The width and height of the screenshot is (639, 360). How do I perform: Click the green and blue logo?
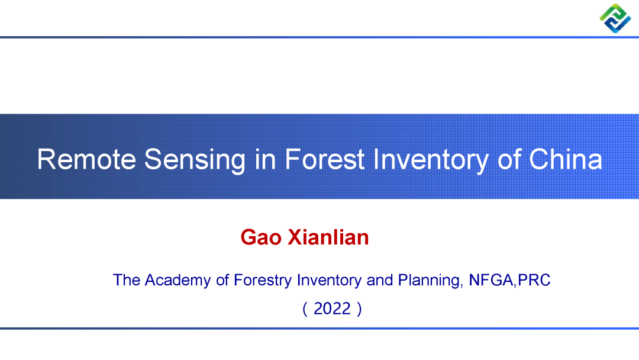[615, 18]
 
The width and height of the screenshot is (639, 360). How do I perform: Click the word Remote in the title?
[86, 159]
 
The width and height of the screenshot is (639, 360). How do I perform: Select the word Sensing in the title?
[195, 160]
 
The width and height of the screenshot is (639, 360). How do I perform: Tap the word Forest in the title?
[324, 159]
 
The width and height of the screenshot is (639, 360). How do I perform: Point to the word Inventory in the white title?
[431, 160]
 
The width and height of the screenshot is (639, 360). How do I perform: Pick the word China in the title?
[565, 159]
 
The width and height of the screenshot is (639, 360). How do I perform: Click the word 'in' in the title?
[265, 159]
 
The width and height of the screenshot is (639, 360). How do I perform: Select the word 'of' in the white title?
[509, 159]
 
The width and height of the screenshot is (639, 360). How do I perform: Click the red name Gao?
[261, 237]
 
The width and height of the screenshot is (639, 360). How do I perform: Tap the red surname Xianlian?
[328, 237]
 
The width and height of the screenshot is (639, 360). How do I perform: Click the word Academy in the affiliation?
[177, 281]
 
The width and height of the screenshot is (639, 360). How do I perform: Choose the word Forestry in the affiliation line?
[263, 281]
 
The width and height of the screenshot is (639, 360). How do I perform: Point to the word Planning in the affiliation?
[430, 281]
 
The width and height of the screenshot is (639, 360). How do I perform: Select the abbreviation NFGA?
[491, 280]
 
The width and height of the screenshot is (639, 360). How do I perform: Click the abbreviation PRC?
[534, 280]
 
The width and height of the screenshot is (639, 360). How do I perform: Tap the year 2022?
[332, 308]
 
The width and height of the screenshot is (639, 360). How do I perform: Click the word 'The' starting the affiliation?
[127, 280]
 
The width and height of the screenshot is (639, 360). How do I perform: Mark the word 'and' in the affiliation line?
[380, 280]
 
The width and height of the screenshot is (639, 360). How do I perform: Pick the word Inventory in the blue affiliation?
[329, 281]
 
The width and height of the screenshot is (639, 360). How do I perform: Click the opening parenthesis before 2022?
[305, 309]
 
